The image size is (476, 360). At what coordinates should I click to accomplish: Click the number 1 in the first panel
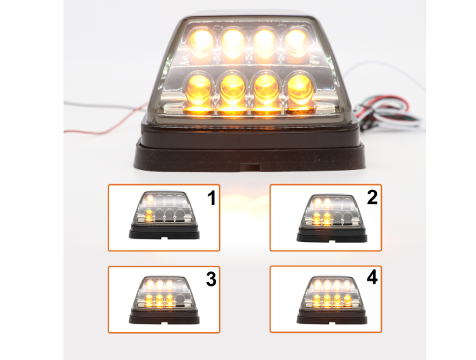coord(211,198)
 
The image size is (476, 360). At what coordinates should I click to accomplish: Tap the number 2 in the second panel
coord(373,197)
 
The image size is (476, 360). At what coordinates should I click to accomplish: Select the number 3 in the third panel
coord(211,279)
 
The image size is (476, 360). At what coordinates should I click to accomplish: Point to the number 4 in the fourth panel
coord(373,278)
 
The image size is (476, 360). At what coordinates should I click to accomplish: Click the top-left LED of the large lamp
coord(201,41)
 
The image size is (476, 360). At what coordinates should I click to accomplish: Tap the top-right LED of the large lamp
coord(296,41)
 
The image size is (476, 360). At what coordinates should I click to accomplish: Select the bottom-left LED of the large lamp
coord(198,88)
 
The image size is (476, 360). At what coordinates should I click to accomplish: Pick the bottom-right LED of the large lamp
coord(300,87)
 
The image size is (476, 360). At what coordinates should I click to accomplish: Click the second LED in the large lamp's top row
coord(233,42)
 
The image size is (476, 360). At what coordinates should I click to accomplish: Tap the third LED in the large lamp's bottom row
coord(266,88)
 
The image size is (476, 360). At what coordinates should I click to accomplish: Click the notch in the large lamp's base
coord(250,167)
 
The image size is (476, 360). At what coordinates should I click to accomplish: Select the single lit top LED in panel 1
coord(150,199)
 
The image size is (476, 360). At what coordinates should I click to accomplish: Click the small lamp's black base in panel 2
coord(332,235)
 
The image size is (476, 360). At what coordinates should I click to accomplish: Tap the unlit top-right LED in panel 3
coord(179,285)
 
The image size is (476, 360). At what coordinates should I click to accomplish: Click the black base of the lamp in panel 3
coord(164,317)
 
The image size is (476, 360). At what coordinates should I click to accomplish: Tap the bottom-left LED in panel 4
coord(317,299)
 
